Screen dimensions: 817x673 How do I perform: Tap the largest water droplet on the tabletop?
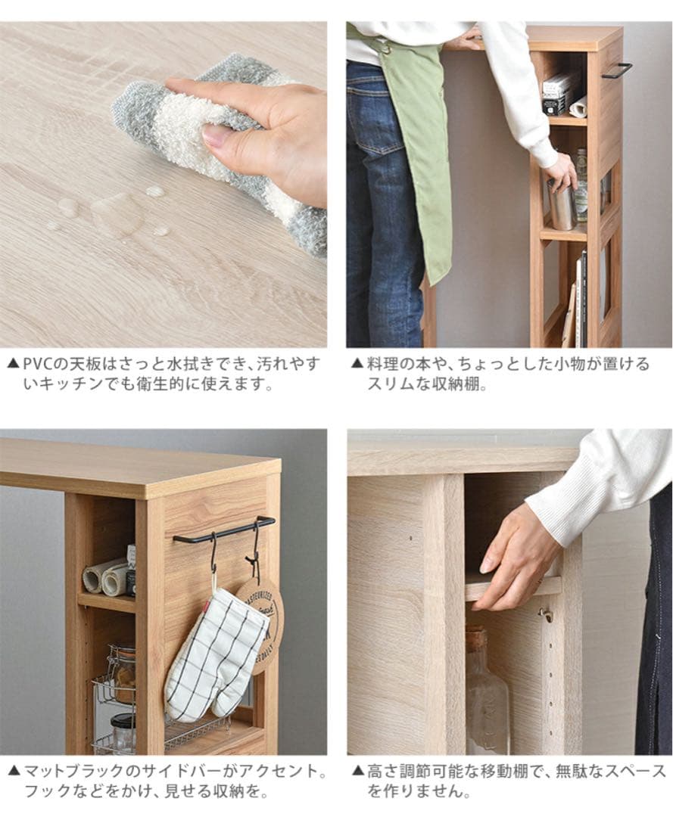tap(117, 214)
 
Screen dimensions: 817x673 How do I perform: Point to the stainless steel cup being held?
tap(561, 206)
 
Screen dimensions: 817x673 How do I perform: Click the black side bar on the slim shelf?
tap(617, 70)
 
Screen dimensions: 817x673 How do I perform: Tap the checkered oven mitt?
tap(216, 654)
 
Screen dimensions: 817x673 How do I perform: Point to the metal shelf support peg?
tap(546, 614)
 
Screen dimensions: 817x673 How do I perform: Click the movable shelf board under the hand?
tap(515, 587)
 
